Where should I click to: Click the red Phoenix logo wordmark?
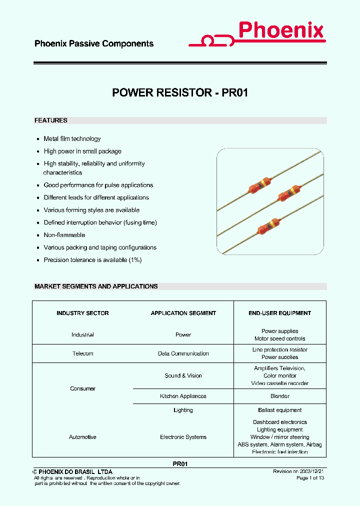(x=281, y=31)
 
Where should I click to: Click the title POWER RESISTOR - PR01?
(x=180, y=92)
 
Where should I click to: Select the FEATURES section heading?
(x=51, y=120)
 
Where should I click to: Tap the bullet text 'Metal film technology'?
(x=72, y=139)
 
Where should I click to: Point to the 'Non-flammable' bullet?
(x=64, y=235)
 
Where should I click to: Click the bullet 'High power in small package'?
(x=82, y=151)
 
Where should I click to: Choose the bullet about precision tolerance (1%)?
(x=93, y=260)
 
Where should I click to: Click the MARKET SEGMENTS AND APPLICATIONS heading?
(x=96, y=286)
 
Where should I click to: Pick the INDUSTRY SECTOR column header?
(x=82, y=313)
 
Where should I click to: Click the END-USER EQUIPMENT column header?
(x=280, y=313)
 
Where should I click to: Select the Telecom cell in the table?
(x=82, y=353)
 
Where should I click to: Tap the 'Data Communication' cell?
(x=183, y=353)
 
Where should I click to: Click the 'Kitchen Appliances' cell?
(x=183, y=396)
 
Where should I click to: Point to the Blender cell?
(x=280, y=396)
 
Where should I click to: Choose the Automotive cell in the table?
(x=82, y=437)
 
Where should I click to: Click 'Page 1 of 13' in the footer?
(x=310, y=478)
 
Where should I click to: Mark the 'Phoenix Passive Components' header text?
(x=94, y=44)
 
